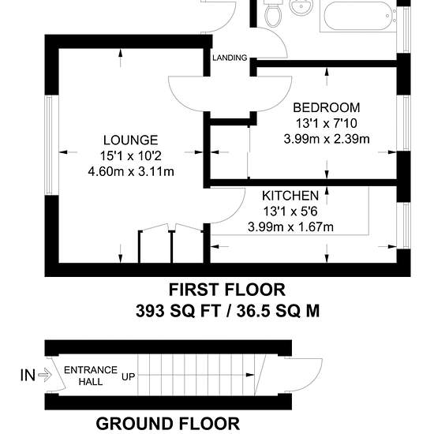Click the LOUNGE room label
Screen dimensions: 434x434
coord(131,140)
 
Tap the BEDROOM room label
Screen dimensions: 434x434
coord(327,107)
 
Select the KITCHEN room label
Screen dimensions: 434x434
coord(290,196)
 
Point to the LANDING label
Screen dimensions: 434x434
coord(230,58)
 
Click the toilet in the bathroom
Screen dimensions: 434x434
coord(273,13)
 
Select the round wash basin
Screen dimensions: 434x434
coord(301,6)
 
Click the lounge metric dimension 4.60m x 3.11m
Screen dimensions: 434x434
coord(131,171)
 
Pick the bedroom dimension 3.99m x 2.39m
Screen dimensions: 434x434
coord(327,139)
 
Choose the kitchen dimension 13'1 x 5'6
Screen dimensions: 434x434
coord(290,211)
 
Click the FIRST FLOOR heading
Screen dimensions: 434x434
coord(227,290)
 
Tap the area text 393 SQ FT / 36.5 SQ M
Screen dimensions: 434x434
coord(227,311)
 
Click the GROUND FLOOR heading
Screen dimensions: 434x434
coord(168,424)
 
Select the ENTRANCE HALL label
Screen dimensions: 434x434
coord(91,376)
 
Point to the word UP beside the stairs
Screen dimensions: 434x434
coord(128,376)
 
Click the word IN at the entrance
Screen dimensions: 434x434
coord(28,376)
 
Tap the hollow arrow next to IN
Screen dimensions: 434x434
coord(45,376)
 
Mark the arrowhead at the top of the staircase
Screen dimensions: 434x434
coord(250,375)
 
